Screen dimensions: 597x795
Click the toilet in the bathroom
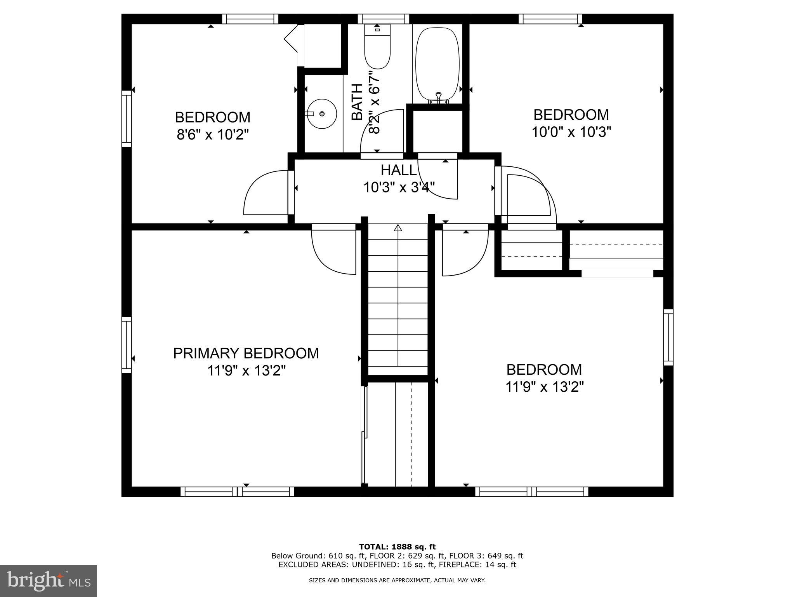377,49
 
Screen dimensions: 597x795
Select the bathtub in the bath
437,64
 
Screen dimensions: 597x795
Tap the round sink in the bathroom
322,113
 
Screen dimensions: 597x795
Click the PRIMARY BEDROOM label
246,353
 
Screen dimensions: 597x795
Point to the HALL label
398,170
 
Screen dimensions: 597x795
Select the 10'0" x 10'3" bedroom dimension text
571,133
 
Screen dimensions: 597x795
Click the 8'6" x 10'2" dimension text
212,135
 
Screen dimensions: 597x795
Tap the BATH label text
357,101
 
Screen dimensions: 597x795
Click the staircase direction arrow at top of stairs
398,228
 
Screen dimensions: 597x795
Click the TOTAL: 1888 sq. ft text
397,547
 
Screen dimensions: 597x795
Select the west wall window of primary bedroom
127,345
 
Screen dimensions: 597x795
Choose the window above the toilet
383,19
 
